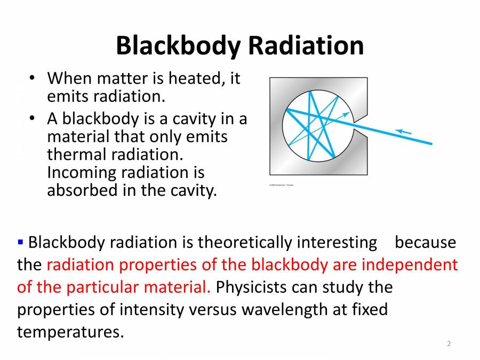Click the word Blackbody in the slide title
pos(178,46)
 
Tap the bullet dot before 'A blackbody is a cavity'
pos(33,118)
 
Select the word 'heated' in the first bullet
pos(194,79)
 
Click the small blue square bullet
pos(21,243)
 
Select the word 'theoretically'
pos(245,243)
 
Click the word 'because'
pos(425,243)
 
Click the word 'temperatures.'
pos(70,332)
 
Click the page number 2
pos(449,344)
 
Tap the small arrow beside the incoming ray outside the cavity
pos(404,131)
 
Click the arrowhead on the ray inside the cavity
pos(347,114)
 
